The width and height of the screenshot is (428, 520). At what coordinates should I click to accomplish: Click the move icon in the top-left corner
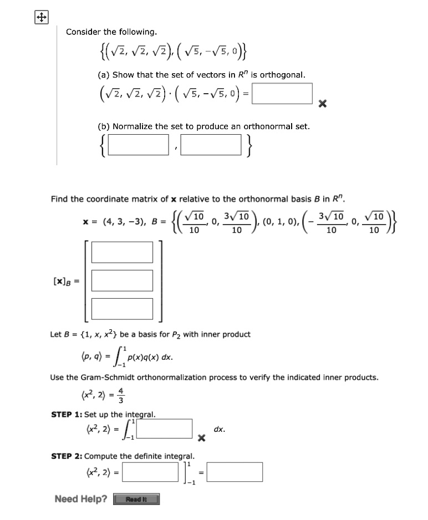40,18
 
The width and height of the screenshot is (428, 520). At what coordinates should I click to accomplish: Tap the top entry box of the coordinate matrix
122,252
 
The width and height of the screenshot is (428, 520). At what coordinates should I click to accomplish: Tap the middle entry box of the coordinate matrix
122,280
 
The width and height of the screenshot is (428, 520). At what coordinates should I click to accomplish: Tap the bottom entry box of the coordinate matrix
122,308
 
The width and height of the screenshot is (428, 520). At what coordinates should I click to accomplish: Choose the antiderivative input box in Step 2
150,472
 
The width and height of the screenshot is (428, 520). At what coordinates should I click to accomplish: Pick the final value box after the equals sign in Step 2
235,472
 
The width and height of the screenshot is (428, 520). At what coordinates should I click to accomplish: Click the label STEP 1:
67,414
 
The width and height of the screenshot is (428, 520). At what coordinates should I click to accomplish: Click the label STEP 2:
67,456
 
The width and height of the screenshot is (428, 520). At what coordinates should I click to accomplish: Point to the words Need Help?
81,499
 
